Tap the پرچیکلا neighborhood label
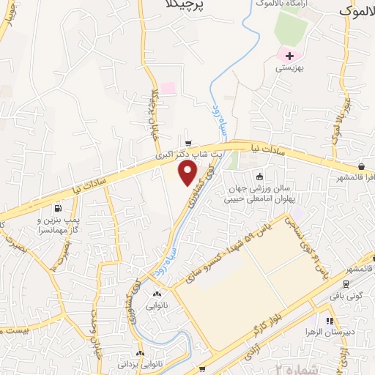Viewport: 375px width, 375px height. [184, 6]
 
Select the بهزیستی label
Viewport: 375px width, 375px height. [288, 67]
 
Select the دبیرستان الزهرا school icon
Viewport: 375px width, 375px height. [330, 320]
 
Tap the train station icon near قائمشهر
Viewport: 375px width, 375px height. [345, 283]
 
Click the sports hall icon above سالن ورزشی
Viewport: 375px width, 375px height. [258, 176]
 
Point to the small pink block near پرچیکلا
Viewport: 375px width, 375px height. [168, 88]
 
